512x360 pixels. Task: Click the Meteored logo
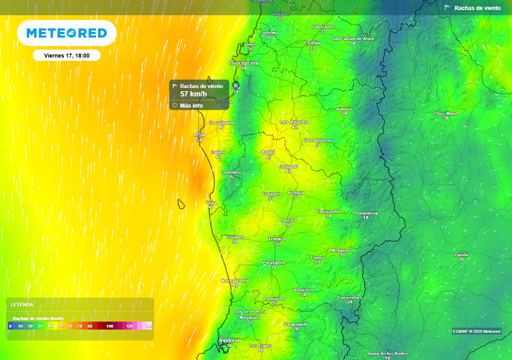click(x=66, y=33)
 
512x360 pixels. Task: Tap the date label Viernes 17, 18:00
click(x=66, y=55)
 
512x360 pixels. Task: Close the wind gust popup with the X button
click(x=236, y=85)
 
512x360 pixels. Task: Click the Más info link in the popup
click(x=191, y=105)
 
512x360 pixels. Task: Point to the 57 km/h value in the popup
click(x=193, y=94)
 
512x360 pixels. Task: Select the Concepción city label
click(x=243, y=63)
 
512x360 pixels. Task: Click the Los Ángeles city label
click(x=294, y=122)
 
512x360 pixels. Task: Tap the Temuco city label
click(x=277, y=239)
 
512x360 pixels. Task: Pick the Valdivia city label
click(x=229, y=340)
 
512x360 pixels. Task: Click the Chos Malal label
click(x=445, y=113)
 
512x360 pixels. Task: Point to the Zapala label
click(x=461, y=254)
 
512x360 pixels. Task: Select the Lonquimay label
click(x=366, y=213)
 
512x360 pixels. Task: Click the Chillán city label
click(x=312, y=43)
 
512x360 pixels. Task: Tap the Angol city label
click(x=268, y=152)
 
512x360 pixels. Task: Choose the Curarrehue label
click(x=350, y=297)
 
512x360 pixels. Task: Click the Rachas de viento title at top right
click(x=477, y=8)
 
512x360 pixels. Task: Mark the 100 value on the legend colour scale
click(x=109, y=326)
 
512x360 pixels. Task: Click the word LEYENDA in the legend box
click(x=22, y=304)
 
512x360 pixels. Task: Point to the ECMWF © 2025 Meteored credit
click(x=476, y=331)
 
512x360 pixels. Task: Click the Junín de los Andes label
click(x=387, y=353)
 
